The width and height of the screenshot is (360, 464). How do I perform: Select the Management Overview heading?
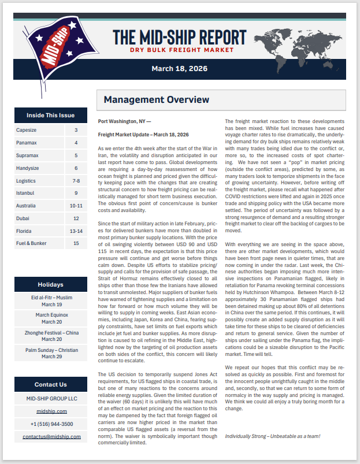coord(156,100)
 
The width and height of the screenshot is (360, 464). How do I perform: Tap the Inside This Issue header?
coord(50,115)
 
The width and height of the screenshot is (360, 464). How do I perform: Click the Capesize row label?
coord(26,131)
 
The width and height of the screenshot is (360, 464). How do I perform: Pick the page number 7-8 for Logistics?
coord(76,180)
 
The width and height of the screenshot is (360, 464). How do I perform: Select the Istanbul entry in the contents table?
coord(26,192)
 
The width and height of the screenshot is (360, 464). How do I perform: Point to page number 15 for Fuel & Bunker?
coord(76,243)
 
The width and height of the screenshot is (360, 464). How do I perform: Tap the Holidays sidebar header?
coord(50,284)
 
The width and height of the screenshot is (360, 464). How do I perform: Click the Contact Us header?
coord(50,384)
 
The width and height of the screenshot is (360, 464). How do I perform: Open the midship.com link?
coord(51,411)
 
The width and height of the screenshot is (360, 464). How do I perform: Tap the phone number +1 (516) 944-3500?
coord(51,424)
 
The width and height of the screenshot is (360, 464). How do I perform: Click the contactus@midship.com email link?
coord(51,436)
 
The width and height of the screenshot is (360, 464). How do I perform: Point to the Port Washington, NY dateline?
coord(125,122)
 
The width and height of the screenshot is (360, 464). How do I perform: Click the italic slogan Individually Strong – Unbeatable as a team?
coord(272,436)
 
